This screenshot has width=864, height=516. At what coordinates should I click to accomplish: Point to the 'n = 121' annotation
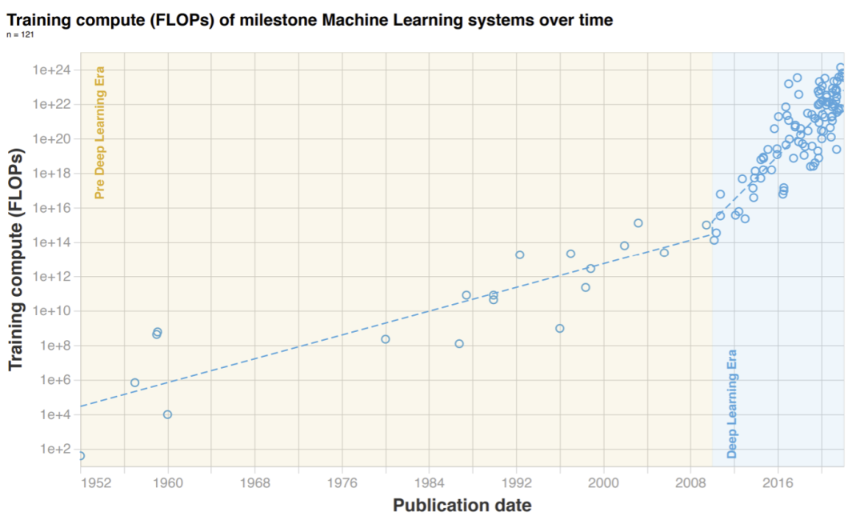coord(20,35)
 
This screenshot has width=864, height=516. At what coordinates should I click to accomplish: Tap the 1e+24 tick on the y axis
coord(52,70)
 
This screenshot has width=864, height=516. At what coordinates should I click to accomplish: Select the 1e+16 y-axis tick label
coord(52,208)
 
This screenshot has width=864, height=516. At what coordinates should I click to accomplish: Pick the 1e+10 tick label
coord(52,311)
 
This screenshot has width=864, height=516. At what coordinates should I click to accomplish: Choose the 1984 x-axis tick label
coord(429,482)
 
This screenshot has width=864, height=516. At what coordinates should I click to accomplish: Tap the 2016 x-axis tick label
coord(778,482)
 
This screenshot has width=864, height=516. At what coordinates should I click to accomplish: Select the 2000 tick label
coord(603,482)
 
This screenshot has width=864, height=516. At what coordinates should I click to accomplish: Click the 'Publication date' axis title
coord(462,505)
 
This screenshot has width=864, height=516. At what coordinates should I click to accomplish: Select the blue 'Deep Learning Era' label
coord(732,403)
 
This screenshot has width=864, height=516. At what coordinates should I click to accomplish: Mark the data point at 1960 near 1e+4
coord(167,414)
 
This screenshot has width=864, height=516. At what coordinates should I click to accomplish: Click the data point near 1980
coord(385,339)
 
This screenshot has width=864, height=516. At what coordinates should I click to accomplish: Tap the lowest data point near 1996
coord(560,328)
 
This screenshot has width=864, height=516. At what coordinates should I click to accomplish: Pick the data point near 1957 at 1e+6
coord(134,382)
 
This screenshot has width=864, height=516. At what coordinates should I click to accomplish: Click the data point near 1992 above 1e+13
coord(519,254)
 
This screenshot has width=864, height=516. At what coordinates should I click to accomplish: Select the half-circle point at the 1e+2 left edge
coord(81,455)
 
